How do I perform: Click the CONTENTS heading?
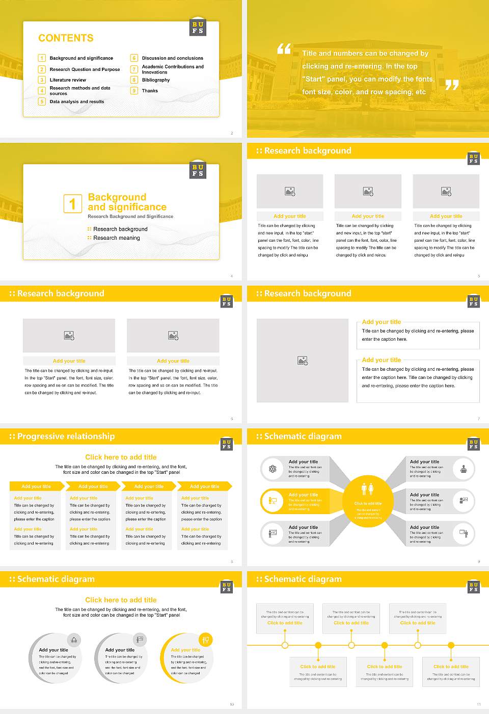[66, 38]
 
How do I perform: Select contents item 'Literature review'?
[68, 80]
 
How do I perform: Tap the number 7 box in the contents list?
[134, 69]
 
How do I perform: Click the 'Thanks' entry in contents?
[150, 91]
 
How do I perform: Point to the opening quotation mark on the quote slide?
[284, 49]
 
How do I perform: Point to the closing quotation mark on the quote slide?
[452, 85]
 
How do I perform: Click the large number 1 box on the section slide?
[72, 203]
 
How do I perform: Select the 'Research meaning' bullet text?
[117, 238]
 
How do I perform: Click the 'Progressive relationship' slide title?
[66, 436]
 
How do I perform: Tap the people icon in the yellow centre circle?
[368, 489]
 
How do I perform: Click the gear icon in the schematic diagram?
[273, 469]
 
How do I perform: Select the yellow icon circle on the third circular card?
[206, 640]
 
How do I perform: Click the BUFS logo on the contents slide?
[198, 28]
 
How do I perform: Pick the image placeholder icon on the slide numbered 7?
[303, 361]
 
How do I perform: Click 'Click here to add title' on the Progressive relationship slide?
[121, 457]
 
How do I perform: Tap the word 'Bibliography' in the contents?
[156, 80]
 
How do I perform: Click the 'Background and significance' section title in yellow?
[127, 202]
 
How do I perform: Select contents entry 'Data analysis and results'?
[77, 102]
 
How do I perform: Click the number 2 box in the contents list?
[42, 69]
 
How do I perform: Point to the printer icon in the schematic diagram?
[464, 469]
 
